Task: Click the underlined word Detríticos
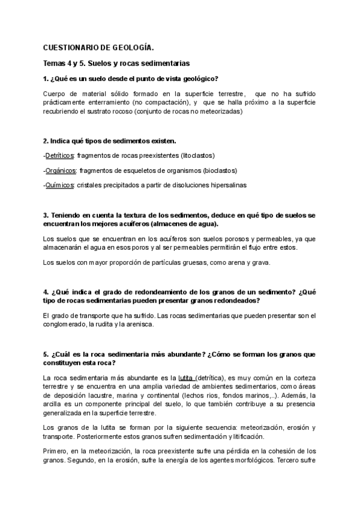[60, 155]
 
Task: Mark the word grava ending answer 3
[261, 262]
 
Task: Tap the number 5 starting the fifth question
[46, 354]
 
